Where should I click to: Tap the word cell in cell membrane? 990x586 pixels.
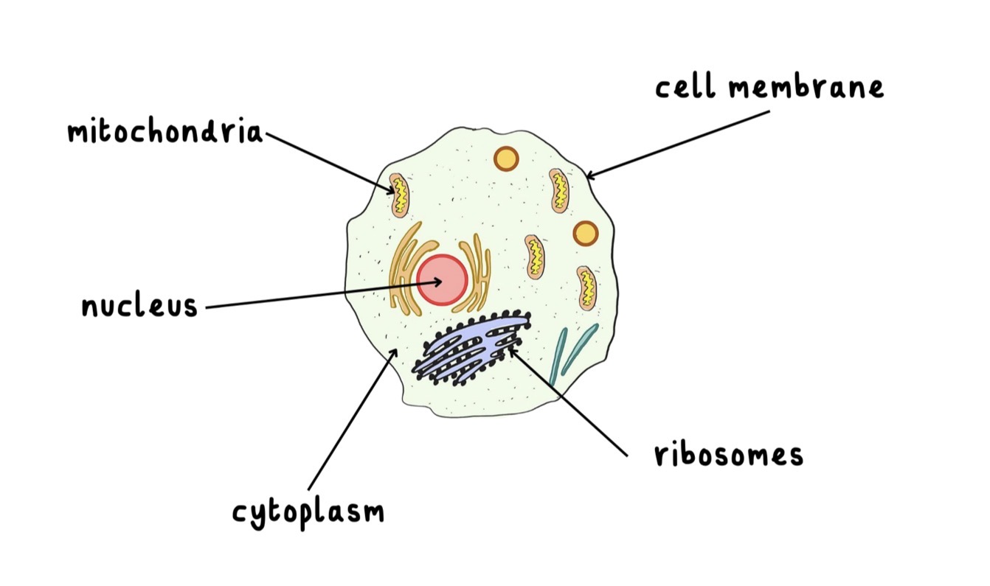click(685, 88)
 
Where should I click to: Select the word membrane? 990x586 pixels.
click(806, 88)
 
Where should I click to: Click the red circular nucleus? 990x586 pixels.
click(442, 280)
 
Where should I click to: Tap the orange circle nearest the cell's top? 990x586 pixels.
click(506, 158)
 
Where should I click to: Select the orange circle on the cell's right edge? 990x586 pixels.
click(586, 233)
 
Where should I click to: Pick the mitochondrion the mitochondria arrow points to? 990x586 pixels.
click(399, 195)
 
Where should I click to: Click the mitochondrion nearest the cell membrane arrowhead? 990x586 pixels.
click(559, 191)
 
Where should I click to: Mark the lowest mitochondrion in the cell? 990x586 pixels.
click(586, 288)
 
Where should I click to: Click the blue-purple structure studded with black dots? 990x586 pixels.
click(471, 349)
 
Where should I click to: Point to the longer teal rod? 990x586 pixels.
click(558, 356)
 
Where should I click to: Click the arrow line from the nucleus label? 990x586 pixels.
click(324, 295)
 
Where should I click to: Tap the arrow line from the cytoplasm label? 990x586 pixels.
click(352, 419)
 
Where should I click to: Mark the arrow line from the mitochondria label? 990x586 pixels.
click(330, 164)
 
